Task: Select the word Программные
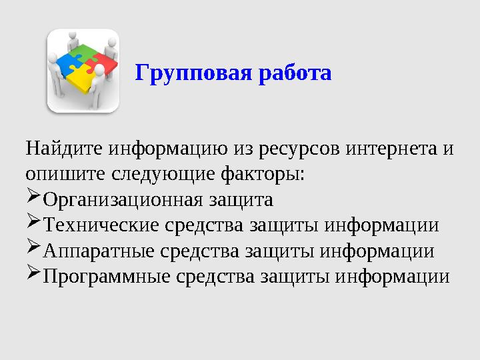tap(104, 277)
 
